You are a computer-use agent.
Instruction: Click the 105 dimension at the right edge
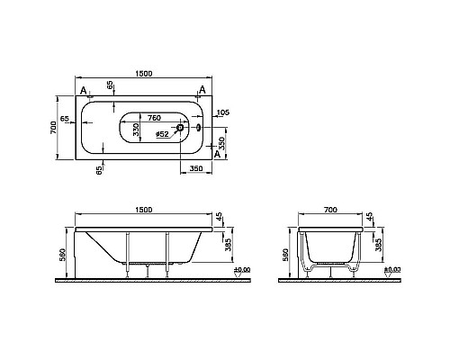224,112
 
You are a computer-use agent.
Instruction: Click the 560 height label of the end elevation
286,254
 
